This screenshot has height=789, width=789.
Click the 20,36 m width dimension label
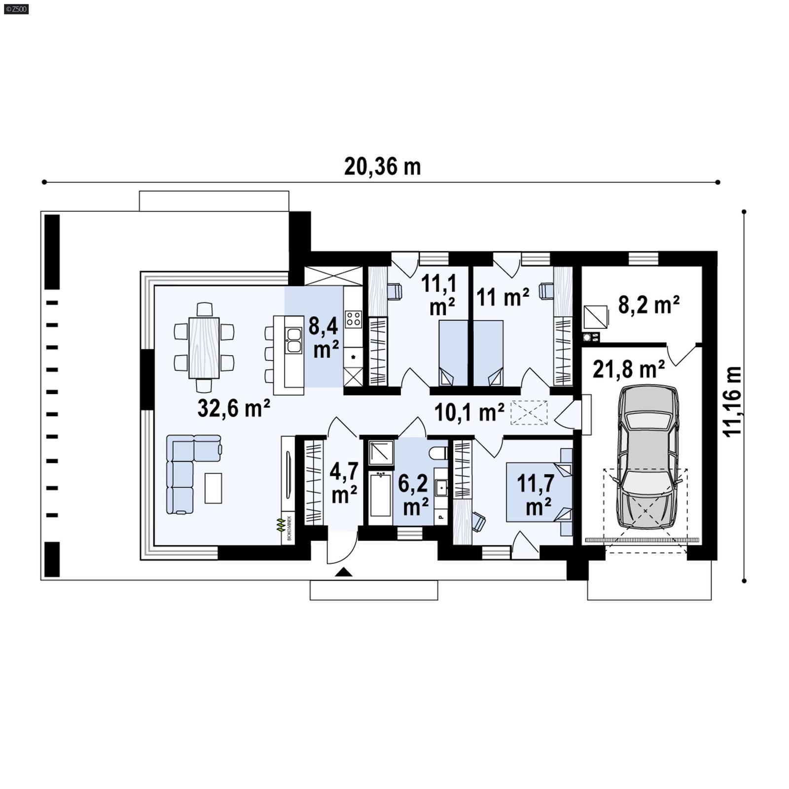(382, 167)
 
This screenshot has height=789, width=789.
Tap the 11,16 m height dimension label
(733, 400)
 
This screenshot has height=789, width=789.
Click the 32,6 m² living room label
(233, 408)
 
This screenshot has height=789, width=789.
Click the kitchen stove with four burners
(353, 319)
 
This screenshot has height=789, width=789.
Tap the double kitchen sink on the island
(294, 340)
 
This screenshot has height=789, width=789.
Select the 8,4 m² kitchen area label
(323, 338)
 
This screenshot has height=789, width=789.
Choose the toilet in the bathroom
(437, 452)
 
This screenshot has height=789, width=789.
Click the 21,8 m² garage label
(628, 369)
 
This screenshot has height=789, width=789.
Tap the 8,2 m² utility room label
(648, 305)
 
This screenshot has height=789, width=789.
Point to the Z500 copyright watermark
(16, 9)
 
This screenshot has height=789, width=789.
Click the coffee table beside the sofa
(213, 488)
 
